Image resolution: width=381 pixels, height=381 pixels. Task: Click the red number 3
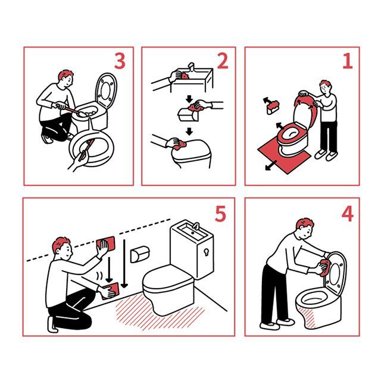[120, 61]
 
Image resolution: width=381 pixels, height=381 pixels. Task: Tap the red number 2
[223, 61]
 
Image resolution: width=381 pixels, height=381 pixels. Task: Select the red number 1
[348, 61]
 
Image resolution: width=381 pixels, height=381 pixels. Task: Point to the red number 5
[220, 214]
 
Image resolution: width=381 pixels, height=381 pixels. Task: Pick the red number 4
[348, 214]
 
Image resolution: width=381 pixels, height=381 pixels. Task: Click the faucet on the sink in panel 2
[192, 67]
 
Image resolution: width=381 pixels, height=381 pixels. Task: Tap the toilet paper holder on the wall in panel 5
[140, 254]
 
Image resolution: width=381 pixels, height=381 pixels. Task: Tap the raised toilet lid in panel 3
[106, 90]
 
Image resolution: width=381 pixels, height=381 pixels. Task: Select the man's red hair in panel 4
[304, 224]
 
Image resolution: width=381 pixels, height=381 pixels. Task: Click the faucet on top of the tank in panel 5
[196, 226]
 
